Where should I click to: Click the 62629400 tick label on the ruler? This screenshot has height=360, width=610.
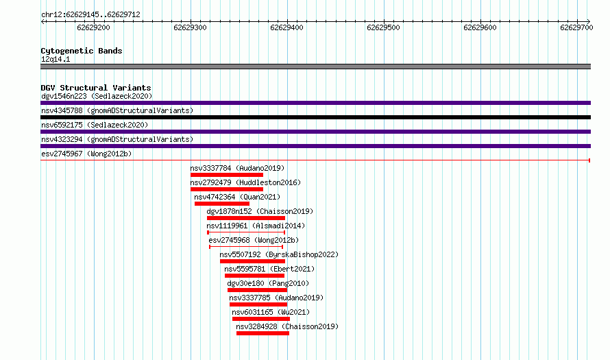pyautogui.click(x=286, y=27)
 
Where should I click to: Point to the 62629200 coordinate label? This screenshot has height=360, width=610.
pyautogui.click(x=93, y=27)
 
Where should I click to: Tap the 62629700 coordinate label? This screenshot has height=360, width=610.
pyautogui.click(x=576, y=27)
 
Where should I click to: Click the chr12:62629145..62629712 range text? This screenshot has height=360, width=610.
pyautogui.click(x=90, y=15)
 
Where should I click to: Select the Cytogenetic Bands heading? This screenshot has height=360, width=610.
pyautogui.click(x=82, y=51)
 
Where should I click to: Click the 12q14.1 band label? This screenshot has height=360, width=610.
pyautogui.click(x=56, y=59)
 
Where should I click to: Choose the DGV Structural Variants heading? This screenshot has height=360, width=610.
pyautogui.click(x=96, y=88)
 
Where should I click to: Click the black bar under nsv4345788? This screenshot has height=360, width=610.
pyautogui.click(x=315, y=117)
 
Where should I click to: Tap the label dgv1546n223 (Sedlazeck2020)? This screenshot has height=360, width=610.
pyautogui.click(x=97, y=96)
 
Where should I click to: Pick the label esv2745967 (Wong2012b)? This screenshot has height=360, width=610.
pyautogui.click(x=86, y=154)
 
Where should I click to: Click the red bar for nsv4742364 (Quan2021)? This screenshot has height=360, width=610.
pyautogui.click(x=222, y=204)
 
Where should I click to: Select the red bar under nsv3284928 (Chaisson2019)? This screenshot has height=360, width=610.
pyautogui.click(x=263, y=333)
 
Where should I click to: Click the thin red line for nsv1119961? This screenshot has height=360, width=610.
pyautogui.click(x=246, y=232)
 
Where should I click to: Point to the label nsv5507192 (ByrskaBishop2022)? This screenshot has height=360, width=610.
pyautogui.click(x=279, y=254)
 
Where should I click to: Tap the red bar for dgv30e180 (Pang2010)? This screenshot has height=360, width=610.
pyautogui.click(x=257, y=290)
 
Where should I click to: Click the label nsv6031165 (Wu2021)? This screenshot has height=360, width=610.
pyautogui.click(x=271, y=312)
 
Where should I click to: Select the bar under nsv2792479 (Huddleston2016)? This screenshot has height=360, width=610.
pyautogui.click(x=227, y=189)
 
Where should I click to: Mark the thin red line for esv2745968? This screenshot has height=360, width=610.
pyautogui.click(x=246, y=247)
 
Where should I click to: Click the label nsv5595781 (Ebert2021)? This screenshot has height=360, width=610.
pyautogui.click(x=269, y=269)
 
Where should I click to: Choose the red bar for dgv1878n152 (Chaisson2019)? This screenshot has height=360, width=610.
pyautogui.click(x=246, y=218)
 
